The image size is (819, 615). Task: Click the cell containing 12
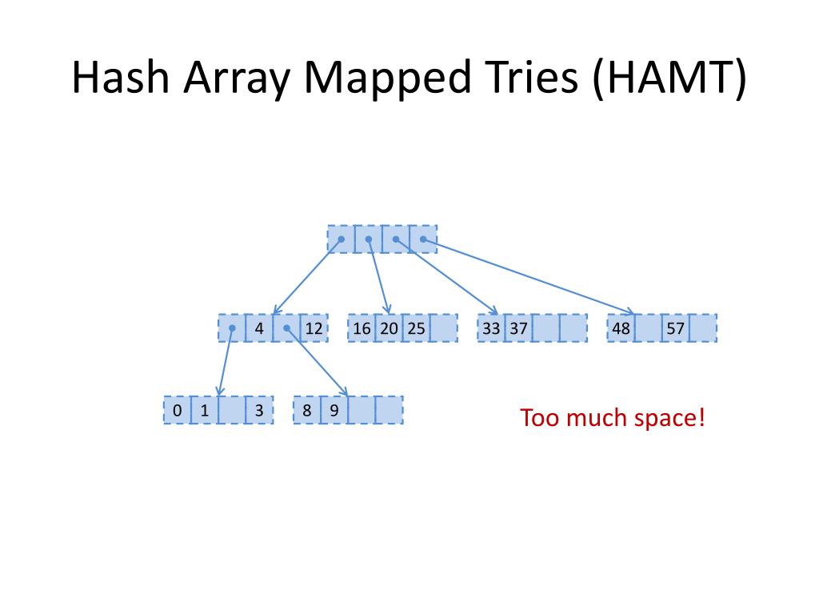point(314,328)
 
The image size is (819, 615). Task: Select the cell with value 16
point(362,328)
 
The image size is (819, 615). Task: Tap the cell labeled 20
point(389,328)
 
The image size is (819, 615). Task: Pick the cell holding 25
point(416,328)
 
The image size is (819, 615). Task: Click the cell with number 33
point(491,328)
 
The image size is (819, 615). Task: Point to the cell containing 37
point(518,328)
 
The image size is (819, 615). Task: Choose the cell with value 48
point(621,328)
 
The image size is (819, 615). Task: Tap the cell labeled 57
point(675,328)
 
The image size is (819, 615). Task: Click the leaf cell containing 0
point(177,411)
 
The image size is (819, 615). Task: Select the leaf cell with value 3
point(259,411)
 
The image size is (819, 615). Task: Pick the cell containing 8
point(307,411)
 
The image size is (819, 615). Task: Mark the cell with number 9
point(334,411)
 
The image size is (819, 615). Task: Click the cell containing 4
point(259,328)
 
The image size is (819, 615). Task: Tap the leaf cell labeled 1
point(204,411)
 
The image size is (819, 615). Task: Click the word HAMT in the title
point(670,78)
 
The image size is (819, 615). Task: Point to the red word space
point(669,418)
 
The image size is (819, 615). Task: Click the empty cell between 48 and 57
point(648,328)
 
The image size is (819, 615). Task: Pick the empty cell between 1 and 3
point(231,411)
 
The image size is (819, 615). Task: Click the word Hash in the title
point(120,78)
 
